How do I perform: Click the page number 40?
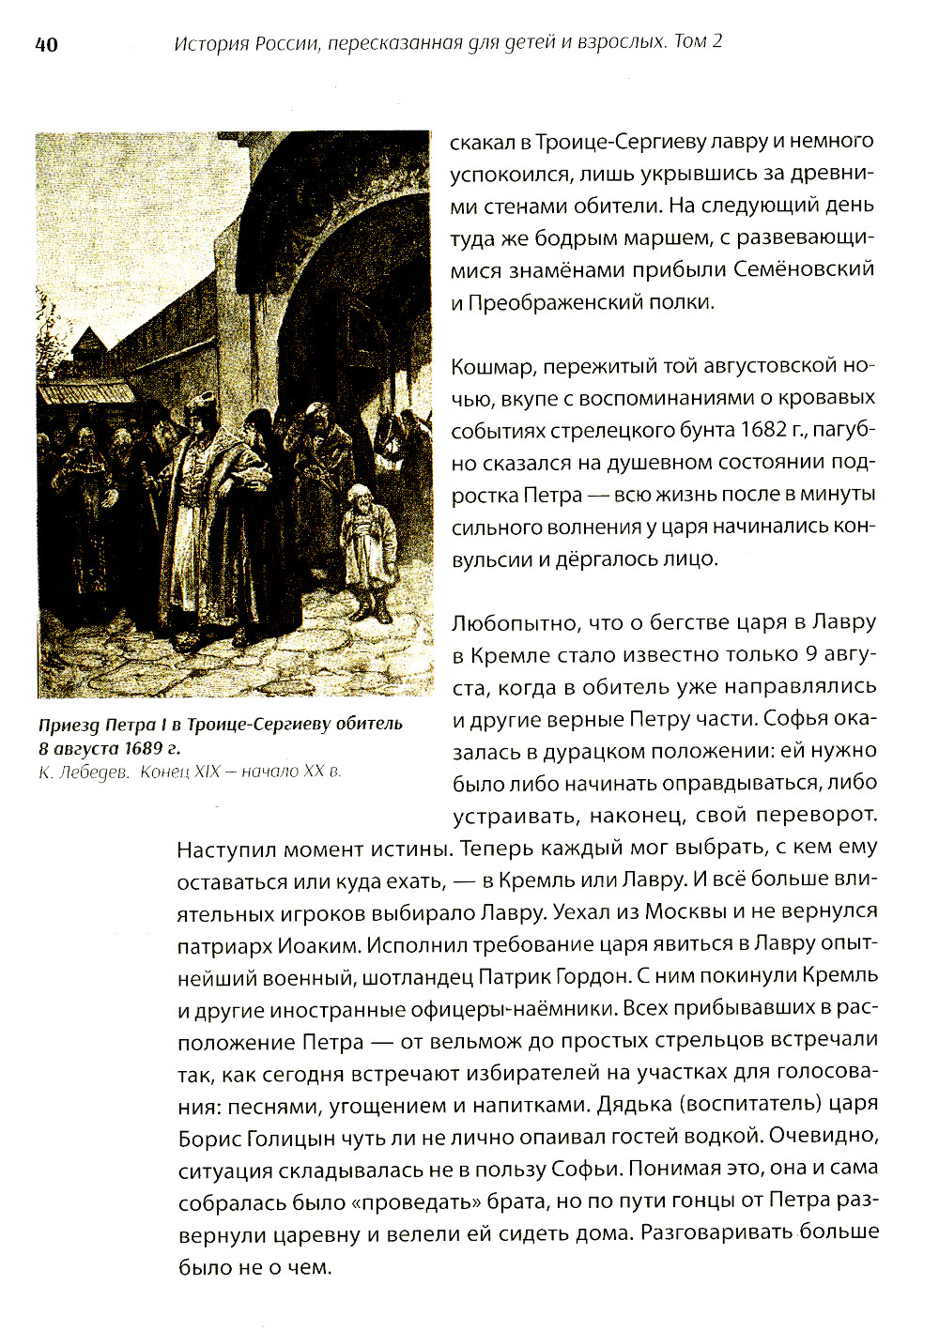(x=46, y=45)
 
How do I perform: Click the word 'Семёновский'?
(x=804, y=268)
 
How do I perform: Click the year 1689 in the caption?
(x=133, y=748)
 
